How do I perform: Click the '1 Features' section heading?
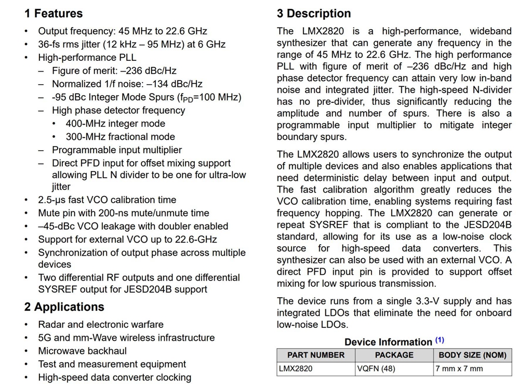pyautogui.click(x=54, y=14)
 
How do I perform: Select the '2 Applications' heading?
pyautogui.click(x=64, y=307)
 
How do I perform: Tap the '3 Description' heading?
pyautogui.click(x=314, y=14)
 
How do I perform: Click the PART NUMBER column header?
pyautogui.click(x=316, y=355)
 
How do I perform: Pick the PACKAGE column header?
pyautogui.click(x=394, y=355)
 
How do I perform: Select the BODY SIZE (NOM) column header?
pyautogui.click(x=472, y=355)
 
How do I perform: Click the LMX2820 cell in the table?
pyautogui.click(x=296, y=369)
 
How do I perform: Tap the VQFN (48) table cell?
pyautogui.click(x=376, y=369)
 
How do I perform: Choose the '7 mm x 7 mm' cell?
pyautogui.click(x=459, y=369)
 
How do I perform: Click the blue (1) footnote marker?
pyautogui.click(x=440, y=340)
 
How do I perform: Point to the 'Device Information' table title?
pyautogui.click(x=388, y=342)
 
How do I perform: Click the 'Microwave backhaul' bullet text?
pyautogui.click(x=82, y=351)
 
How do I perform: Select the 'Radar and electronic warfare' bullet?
pyautogui.click(x=101, y=325)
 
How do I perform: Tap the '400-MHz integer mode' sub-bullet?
pyautogui.click(x=115, y=124)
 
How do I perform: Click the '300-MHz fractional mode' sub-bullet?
pyautogui.click(x=120, y=137)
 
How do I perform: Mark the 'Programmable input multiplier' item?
pyautogui.click(x=117, y=150)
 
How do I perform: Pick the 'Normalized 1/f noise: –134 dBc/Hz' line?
pyautogui.click(x=127, y=84)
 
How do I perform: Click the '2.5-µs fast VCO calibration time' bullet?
pyautogui.click(x=107, y=200)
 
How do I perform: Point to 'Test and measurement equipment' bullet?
pyautogui.click(x=112, y=364)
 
